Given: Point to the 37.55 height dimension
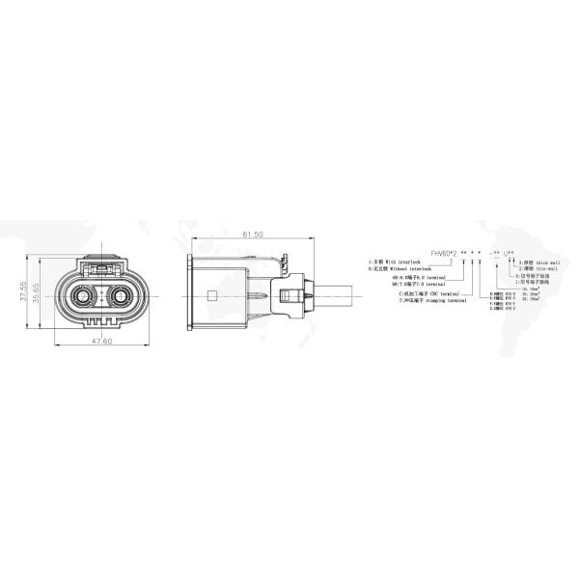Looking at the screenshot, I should (25, 292).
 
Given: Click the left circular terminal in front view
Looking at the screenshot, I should (80, 297).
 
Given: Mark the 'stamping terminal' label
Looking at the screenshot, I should (440, 301).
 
